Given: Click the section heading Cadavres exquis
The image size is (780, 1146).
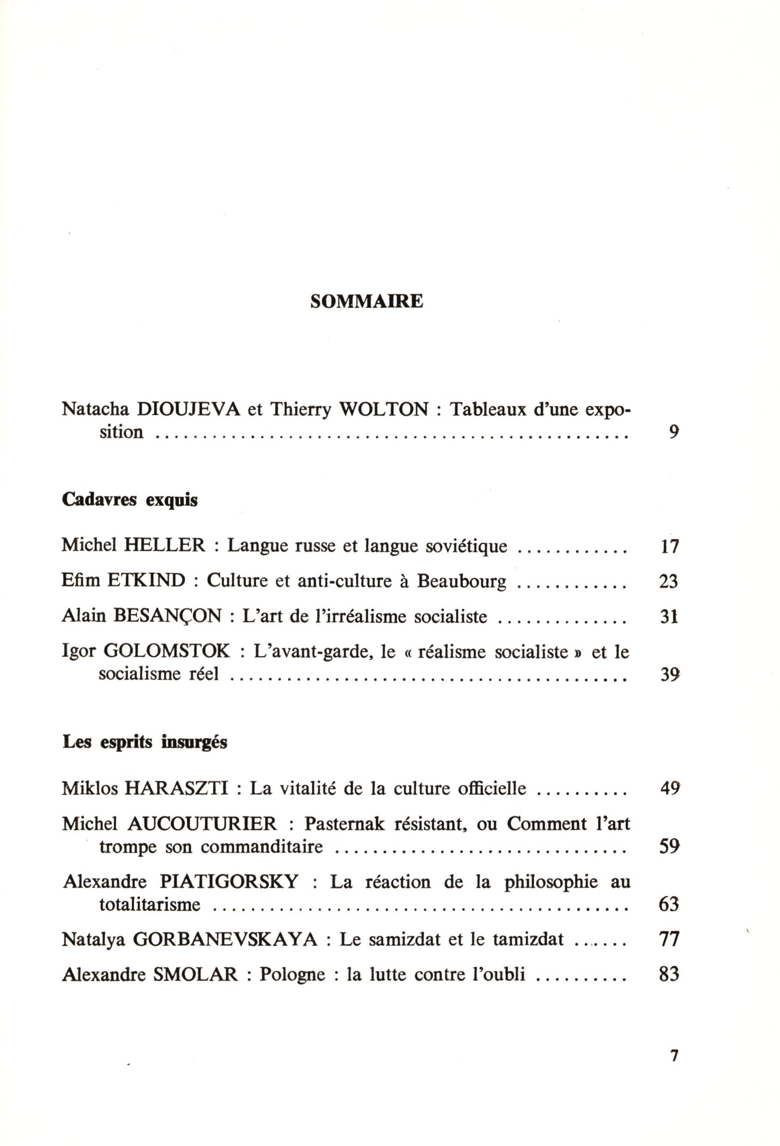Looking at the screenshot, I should [x=129, y=500].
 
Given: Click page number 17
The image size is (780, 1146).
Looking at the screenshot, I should [x=669, y=546].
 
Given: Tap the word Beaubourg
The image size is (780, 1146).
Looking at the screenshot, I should [x=461, y=582].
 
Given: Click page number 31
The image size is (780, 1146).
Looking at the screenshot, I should [x=669, y=617].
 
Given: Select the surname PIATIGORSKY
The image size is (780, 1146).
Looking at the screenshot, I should [x=229, y=882].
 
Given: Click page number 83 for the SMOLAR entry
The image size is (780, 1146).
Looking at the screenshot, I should [x=669, y=974].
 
